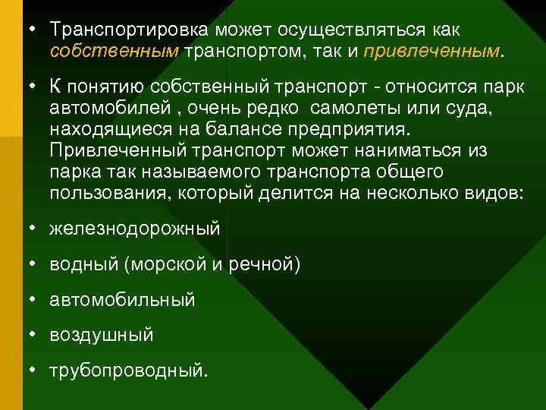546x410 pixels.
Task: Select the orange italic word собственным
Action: pos(114,51)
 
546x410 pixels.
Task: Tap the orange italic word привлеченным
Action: pos(431,51)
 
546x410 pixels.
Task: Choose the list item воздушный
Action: pos(101,335)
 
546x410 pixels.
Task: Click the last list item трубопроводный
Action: pos(127,371)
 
